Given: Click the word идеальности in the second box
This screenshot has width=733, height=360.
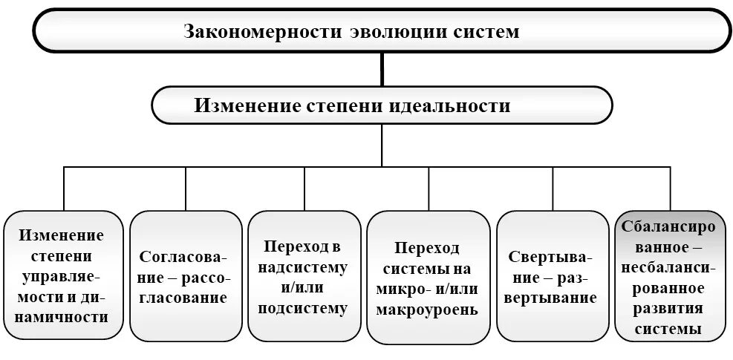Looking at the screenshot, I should pos(450,106).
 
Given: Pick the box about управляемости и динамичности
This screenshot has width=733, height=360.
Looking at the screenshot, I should pos(62,275).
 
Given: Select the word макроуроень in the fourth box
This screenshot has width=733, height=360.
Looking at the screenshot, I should pos(428,309).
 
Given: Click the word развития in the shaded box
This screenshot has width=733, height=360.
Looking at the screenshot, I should pos(671,307).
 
